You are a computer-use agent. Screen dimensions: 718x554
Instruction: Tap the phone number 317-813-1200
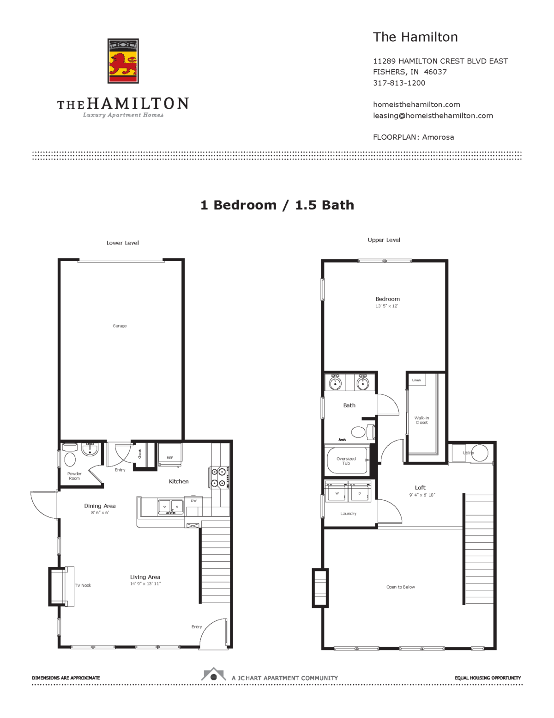tap(399, 83)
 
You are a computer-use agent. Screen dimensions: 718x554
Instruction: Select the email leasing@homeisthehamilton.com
tap(433, 116)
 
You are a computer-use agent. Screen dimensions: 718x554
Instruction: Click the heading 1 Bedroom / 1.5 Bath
tap(277, 205)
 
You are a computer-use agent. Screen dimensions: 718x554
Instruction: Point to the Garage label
tap(120, 326)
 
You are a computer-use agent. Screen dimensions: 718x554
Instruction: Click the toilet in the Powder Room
tap(70, 459)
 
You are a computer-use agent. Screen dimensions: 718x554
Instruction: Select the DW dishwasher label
tap(193, 501)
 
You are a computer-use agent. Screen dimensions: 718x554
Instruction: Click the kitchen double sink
tap(170, 506)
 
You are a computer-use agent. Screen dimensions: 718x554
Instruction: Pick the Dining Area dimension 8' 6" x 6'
tap(100, 513)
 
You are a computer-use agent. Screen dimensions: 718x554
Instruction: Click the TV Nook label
tap(83, 585)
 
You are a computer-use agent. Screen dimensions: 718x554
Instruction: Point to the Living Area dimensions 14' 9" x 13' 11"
tap(145, 584)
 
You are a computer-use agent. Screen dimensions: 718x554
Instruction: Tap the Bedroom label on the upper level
tap(387, 299)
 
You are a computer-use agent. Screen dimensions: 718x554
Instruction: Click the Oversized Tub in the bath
tap(346, 460)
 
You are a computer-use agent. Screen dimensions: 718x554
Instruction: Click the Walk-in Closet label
tap(422, 420)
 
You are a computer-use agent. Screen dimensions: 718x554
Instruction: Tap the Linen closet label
tap(416, 380)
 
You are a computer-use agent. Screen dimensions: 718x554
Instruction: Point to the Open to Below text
tap(400, 587)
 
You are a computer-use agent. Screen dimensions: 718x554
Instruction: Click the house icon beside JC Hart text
tap(213, 675)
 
